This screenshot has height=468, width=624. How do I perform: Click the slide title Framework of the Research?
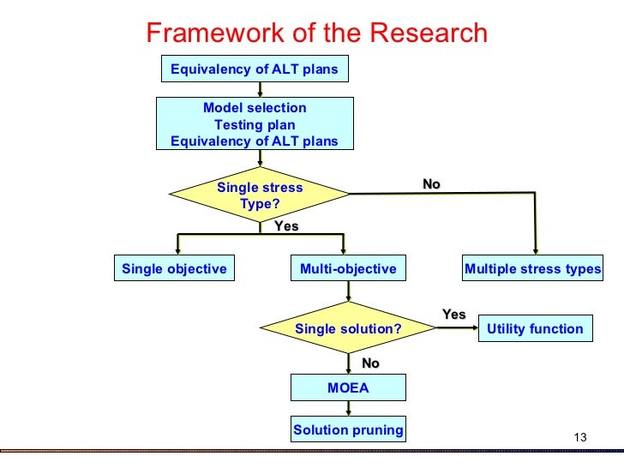pos(316,33)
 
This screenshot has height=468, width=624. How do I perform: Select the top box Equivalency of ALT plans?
pos(255,69)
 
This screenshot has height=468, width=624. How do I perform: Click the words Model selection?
pos(255,108)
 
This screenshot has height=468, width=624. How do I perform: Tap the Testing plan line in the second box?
pos(255,125)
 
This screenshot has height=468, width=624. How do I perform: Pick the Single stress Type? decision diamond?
pos(260,196)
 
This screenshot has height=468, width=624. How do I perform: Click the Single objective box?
pos(174,269)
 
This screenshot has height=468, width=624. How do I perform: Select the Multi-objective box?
pos(348,269)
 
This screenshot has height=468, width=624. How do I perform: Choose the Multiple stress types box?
pos(532,269)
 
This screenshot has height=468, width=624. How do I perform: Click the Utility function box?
pos(535,329)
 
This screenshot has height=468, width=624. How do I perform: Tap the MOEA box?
pos(348,388)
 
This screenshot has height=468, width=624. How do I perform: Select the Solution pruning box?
pos(348,430)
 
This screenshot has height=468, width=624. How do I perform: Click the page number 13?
pos(579,439)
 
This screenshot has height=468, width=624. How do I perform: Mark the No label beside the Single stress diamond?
pos(431,184)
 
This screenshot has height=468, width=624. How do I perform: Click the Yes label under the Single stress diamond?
pos(285,226)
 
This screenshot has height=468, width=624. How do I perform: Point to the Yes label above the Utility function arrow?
pos(453,315)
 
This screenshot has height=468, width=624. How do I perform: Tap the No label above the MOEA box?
pos(370,363)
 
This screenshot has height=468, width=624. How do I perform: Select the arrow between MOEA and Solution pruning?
pos(348,410)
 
